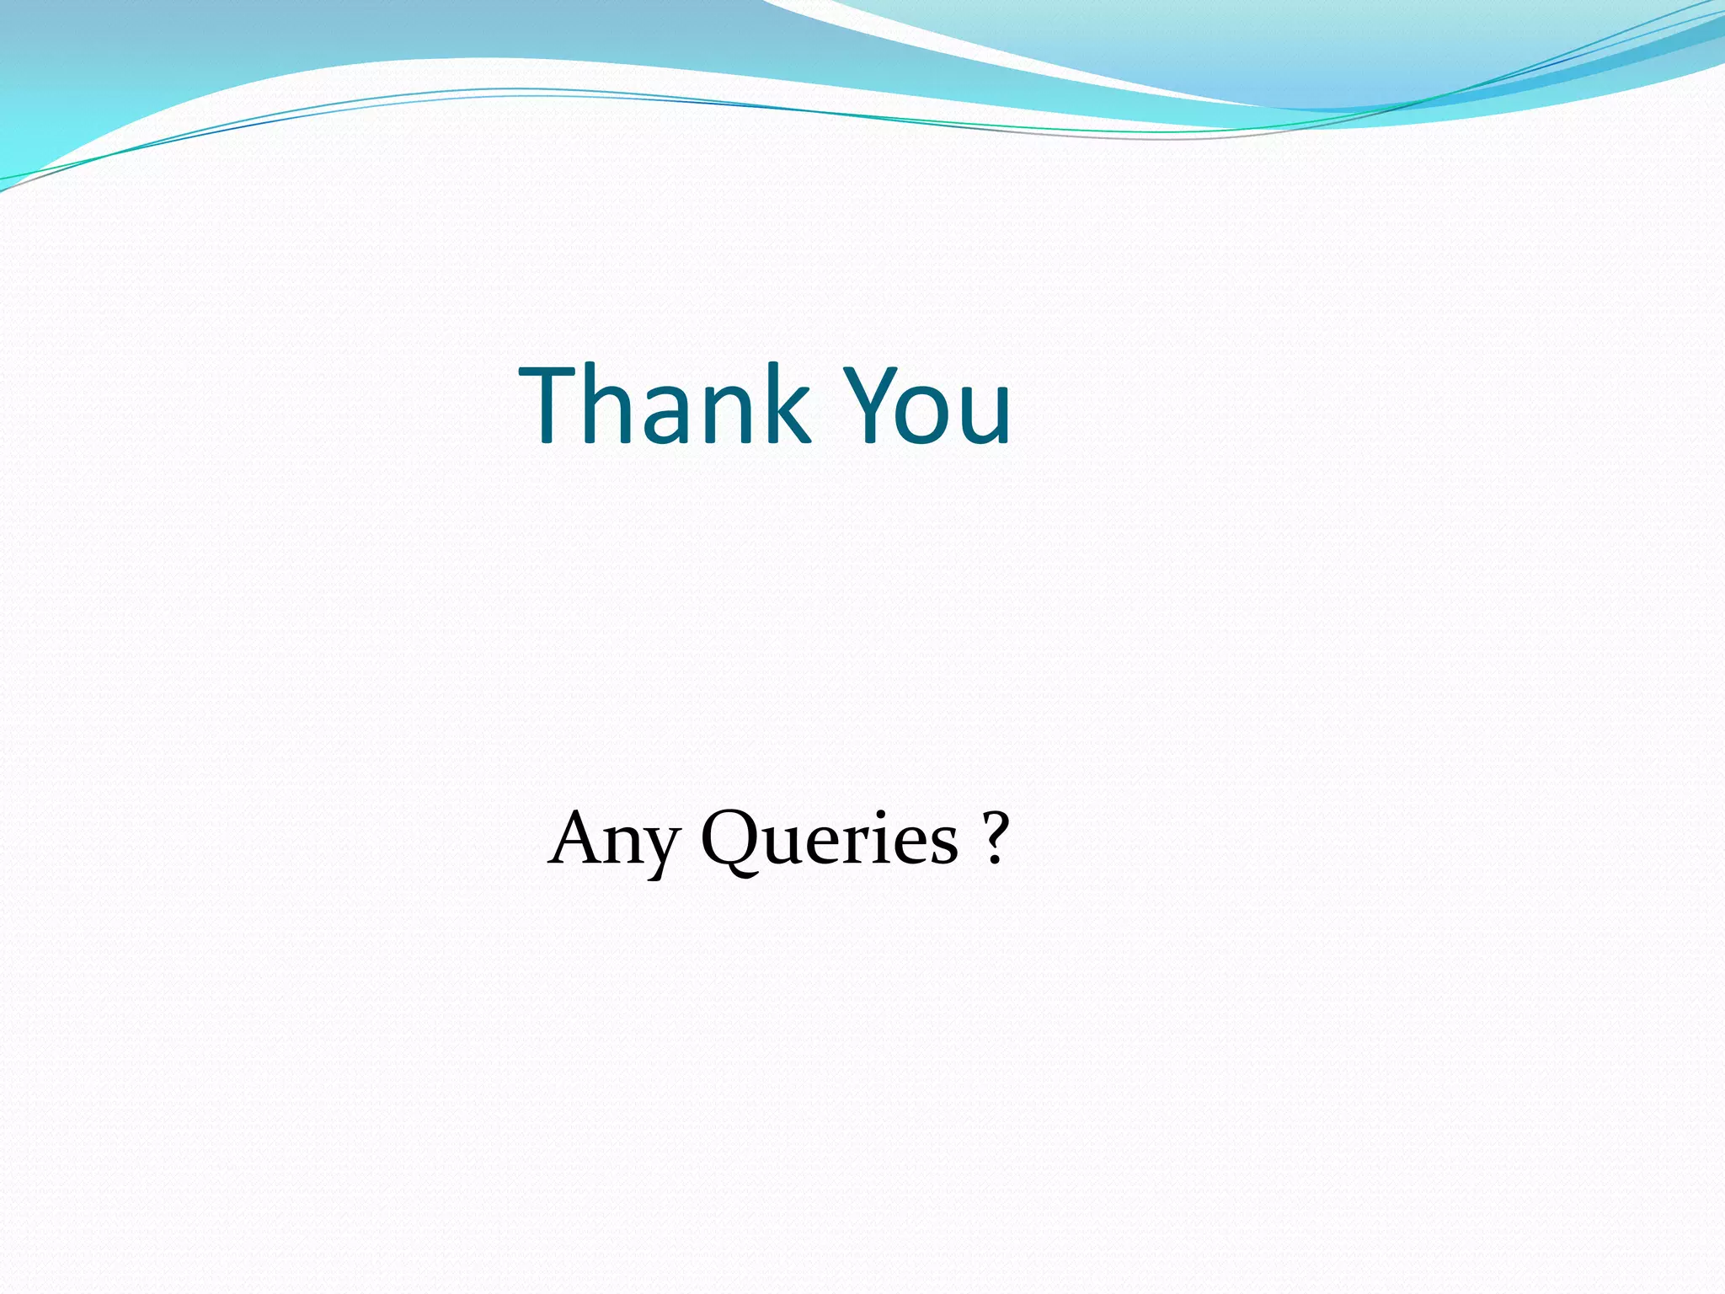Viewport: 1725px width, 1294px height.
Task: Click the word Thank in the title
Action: coord(665,404)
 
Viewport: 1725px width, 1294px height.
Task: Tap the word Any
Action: coord(613,839)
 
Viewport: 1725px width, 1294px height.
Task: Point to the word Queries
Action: coord(830,839)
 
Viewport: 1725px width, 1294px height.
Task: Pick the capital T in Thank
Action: coord(552,404)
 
